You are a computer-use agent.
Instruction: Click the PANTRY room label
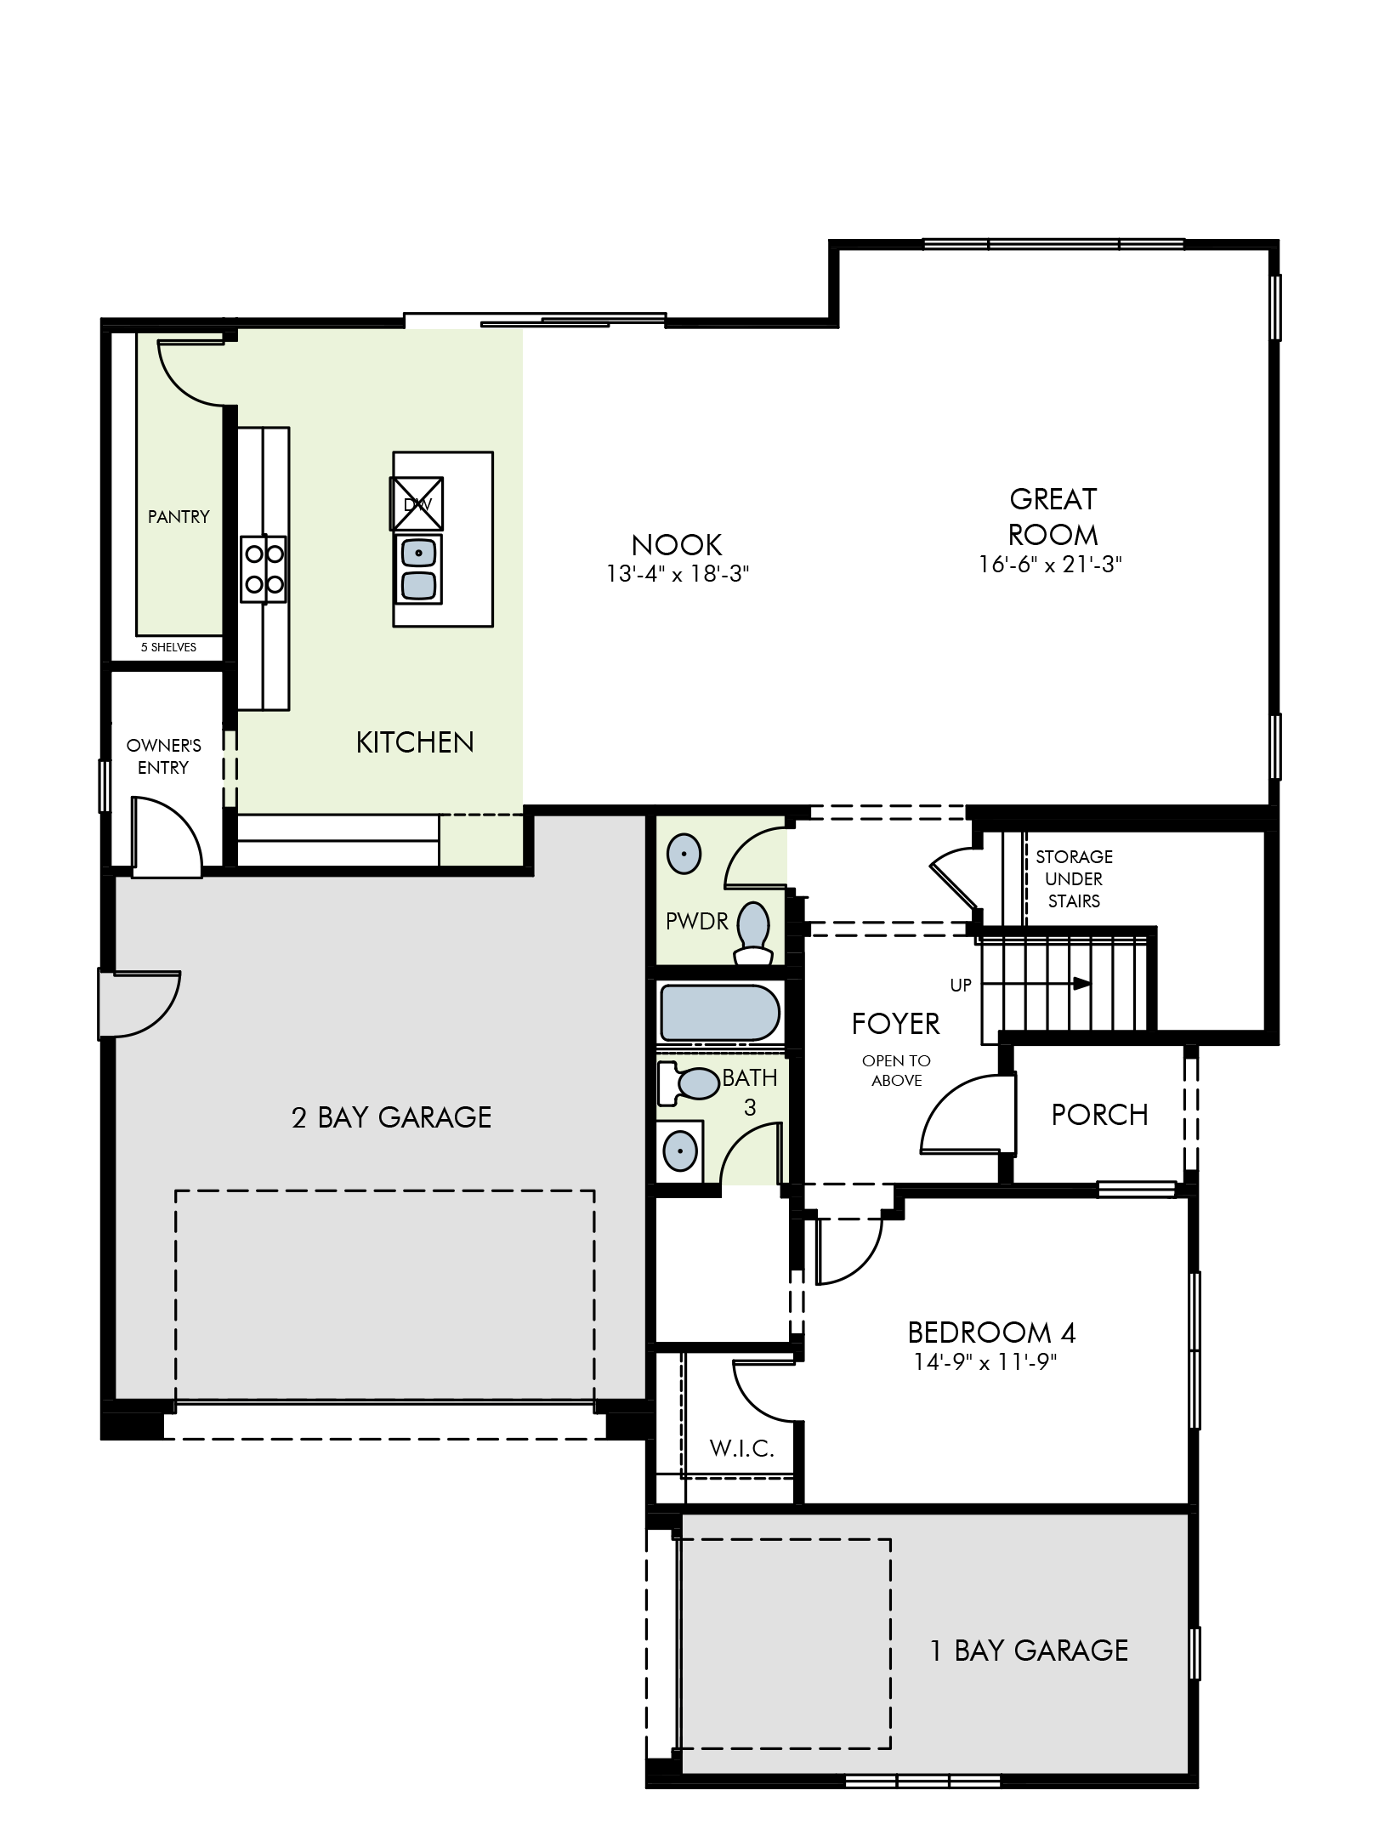point(179,516)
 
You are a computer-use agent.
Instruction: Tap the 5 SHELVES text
point(168,647)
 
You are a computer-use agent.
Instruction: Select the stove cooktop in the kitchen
point(264,569)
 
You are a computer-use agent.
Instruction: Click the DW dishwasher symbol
point(417,504)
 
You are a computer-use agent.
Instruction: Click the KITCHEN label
point(415,742)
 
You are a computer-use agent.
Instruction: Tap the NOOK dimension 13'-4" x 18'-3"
point(677,575)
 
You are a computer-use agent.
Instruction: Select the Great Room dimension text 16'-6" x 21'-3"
point(1051,565)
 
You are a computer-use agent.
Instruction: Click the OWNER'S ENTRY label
point(163,756)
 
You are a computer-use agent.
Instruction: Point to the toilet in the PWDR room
point(752,933)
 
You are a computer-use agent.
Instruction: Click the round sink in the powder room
point(684,853)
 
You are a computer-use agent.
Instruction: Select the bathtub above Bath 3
point(719,1012)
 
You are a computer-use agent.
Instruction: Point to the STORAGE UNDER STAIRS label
point(1074,878)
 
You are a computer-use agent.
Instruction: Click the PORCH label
point(1099,1115)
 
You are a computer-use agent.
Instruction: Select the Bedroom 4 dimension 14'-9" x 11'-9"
point(985,1362)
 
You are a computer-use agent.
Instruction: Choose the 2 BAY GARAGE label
point(391,1117)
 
